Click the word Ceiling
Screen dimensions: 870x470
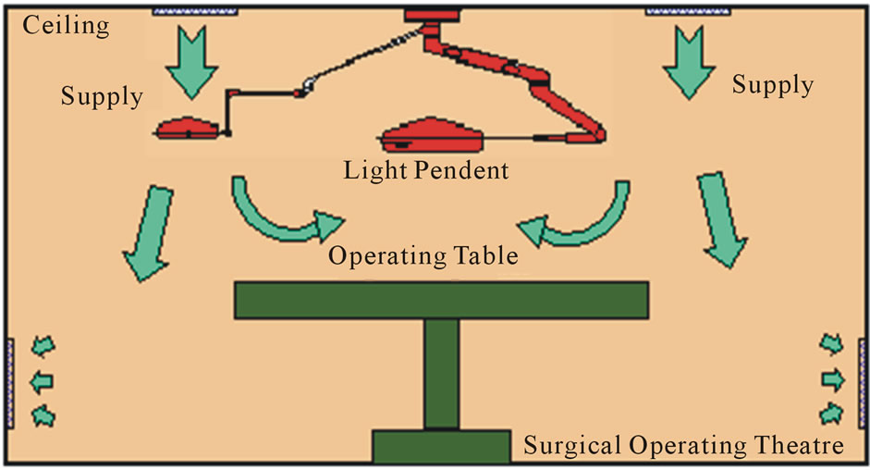66,26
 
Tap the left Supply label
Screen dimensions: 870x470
102,96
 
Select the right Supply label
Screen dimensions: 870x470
773,85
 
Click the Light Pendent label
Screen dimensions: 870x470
426,170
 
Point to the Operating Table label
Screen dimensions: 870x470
423,256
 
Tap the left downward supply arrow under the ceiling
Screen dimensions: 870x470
192,62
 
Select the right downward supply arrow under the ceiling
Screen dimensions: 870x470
689,62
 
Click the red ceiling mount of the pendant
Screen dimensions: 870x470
432,15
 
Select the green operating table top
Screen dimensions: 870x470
442,300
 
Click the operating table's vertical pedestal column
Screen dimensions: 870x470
442,374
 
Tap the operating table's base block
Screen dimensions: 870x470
442,446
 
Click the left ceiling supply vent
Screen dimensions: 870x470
195,10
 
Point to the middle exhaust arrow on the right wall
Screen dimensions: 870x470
833,380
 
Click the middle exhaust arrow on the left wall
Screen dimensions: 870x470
42,382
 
